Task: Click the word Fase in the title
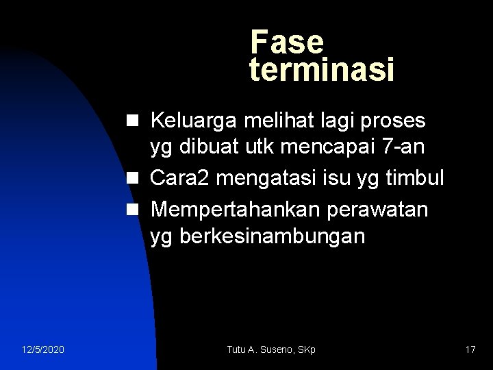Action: tap(287, 42)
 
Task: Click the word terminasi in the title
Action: tap(322, 70)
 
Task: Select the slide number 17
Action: tap(470, 350)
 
